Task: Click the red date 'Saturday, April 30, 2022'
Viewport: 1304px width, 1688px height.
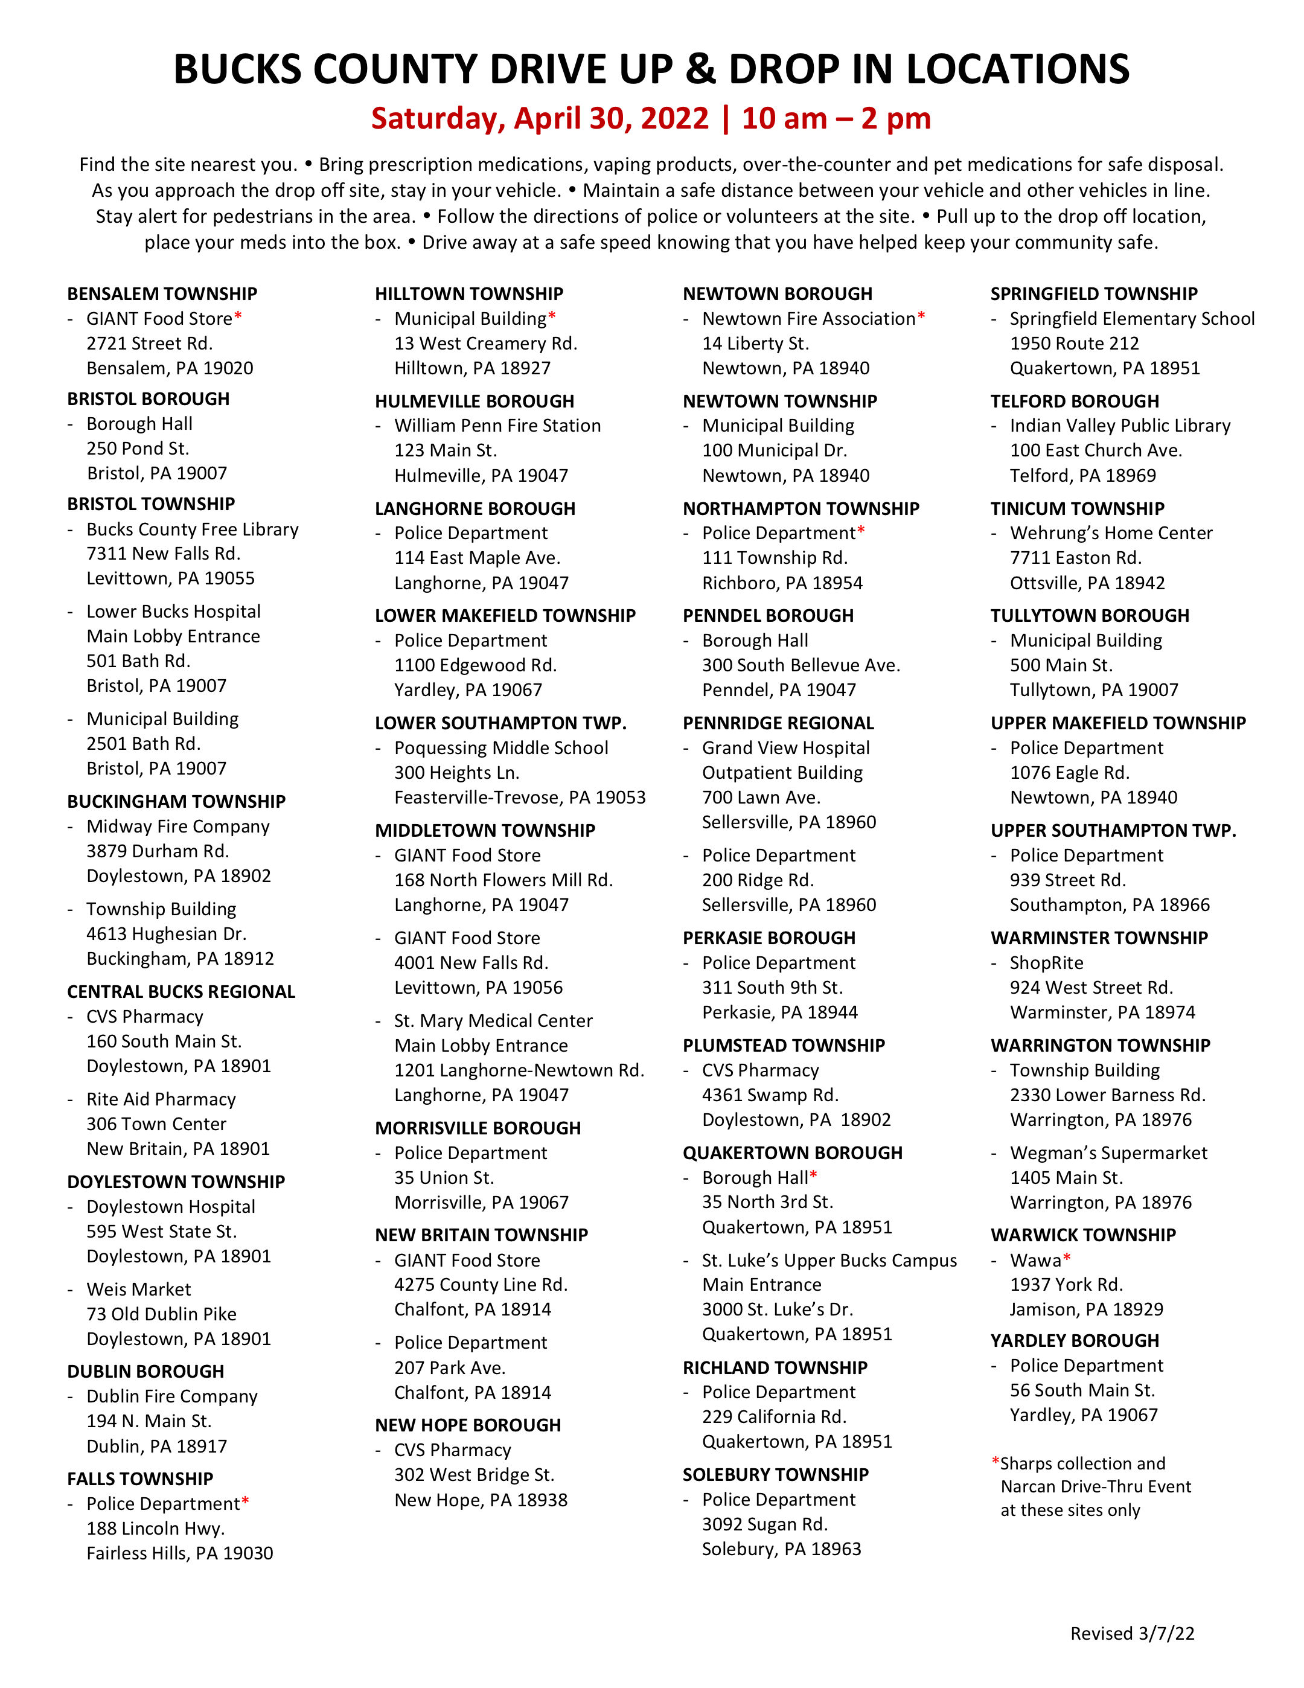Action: tap(540, 118)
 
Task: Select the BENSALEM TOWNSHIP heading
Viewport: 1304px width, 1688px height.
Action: tap(162, 293)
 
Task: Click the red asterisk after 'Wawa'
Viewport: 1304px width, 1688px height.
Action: tap(1067, 1258)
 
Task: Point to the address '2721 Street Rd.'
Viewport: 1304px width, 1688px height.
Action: tap(149, 343)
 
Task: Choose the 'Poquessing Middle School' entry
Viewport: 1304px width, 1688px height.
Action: tap(501, 748)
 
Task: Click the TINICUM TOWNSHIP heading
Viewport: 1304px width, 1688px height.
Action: tap(1077, 508)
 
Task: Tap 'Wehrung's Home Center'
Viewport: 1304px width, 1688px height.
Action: tap(1111, 533)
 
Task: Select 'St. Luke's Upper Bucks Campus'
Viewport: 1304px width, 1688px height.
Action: tap(829, 1261)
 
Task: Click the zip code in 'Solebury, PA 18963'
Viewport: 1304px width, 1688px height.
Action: tap(836, 1549)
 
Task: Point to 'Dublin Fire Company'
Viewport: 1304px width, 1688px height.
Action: tap(171, 1396)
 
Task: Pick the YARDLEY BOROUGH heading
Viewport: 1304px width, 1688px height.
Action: tap(1075, 1341)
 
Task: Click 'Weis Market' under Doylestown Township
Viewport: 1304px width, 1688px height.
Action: tap(138, 1289)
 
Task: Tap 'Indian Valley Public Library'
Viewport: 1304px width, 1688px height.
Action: tap(1119, 426)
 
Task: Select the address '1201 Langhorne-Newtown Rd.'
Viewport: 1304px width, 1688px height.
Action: tap(519, 1070)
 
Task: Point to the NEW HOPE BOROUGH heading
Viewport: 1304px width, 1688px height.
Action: tap(468, 1425)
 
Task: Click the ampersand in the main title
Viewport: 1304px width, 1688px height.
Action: tap(700, 69)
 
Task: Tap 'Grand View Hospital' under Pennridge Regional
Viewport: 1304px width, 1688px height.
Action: tap(785, 748)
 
